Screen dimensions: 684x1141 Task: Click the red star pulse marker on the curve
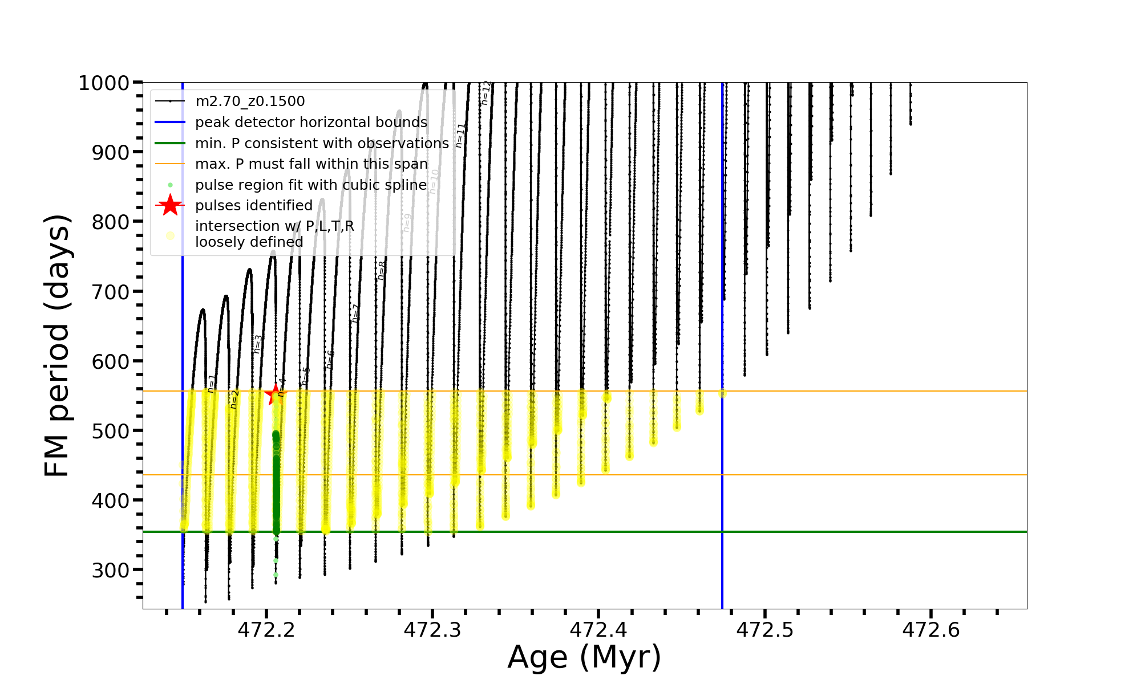pyautogui.click(x=276, y=394)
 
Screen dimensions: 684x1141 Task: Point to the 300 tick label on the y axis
pyautogui.click(x=111, y=570)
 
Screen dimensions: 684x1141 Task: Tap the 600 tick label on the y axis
pyautogui.click(x=111, y=361)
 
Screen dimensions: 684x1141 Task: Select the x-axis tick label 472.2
pyautogui.click(x=266, y=630)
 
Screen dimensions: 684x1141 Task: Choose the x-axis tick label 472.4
pyautogui.click(x=598, y=630)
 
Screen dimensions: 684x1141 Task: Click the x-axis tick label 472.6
pyautogui.click(x=931, y=630)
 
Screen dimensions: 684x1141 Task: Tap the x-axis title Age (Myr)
pyautogui.click(x=584, y=657)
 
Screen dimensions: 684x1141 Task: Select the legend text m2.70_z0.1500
pyautogui.click(x=250, y=101)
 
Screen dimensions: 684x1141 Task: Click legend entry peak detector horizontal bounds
pyautogui.click(x=311, y=123)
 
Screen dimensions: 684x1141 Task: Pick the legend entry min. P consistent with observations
pyautogui.click(x=322, y=143)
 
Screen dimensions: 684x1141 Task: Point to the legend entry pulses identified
pyautogui.click(x=254, y=205)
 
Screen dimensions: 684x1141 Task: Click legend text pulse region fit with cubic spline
pyautogui.click(x=311, y=185)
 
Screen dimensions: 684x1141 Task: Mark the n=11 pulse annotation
pyautogui.click(x=460, y=136)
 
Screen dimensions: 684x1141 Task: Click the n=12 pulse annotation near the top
pyautogui.click(x=485, y=93)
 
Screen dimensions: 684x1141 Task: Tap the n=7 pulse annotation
pyautogui.click(x=355, y=313)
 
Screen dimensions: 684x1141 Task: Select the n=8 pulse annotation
pyautogui.click(x=382, y=270)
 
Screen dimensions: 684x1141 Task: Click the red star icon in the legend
pyautogui.click(x=170, y=205)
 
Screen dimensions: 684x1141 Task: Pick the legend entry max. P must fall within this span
pyautogui.click(x=311, y=164)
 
